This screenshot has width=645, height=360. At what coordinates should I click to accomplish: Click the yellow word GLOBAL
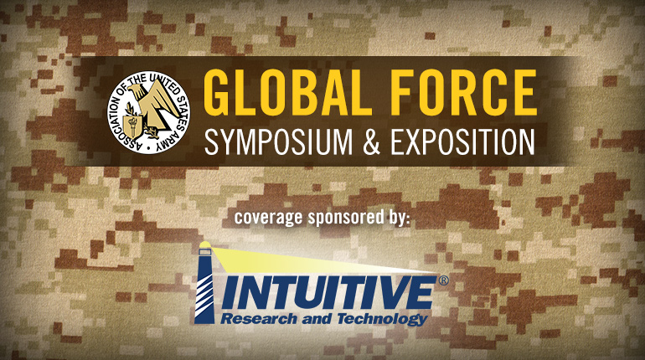coord(287,92)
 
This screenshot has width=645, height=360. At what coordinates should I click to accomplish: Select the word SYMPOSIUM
coord(278,142)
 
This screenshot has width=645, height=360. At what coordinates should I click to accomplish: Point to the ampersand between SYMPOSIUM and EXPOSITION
coord(371,142)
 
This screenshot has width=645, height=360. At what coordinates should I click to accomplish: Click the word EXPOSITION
coord(462,142)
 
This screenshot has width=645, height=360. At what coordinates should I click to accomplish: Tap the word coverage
coord(269,218)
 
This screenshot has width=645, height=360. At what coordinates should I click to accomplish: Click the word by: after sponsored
coord(398,217)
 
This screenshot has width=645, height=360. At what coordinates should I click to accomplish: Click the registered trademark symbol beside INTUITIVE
coord(443,281)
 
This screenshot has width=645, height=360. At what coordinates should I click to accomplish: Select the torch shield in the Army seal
coord(134,125)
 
